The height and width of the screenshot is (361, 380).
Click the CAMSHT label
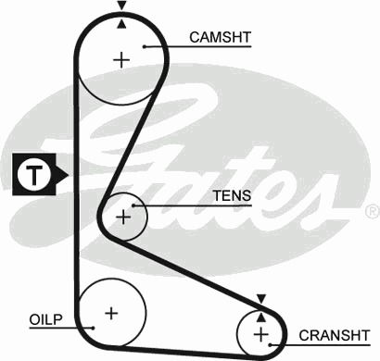(x=220, y=37)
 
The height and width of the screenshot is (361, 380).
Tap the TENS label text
(x=232, y=195)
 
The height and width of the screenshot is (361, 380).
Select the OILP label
(x=46, y=319)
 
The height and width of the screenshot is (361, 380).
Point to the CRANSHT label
(x=335, y=335)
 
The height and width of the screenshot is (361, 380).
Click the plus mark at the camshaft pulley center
(x=121, y=60)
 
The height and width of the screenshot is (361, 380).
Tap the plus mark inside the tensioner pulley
(x=123, y=218)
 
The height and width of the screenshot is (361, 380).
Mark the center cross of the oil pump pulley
(x=111, y=314)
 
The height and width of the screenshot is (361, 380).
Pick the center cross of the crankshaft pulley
(x=261, y=334)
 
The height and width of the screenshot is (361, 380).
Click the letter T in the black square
(x=34, y=175)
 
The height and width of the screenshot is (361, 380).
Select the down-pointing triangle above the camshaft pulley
(x=122, y=6)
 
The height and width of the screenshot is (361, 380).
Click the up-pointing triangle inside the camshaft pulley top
(x=122, y=24)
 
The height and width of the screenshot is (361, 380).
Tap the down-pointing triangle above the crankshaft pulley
(x=261, y=299)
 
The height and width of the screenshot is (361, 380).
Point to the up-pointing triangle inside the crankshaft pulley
(x=261, y=317)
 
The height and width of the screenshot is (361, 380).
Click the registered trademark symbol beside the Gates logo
(x=373, y=211)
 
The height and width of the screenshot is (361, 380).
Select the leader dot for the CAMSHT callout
(x=145, y=46)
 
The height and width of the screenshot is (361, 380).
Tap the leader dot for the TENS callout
(x=133, y=205)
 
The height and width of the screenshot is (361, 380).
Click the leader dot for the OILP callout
(x=93, y=328)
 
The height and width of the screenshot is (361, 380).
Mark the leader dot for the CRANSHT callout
(x=271, y=344)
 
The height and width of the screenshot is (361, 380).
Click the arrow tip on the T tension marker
(x=68, y=175)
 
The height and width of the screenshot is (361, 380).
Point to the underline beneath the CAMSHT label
(x=197, y=47)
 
